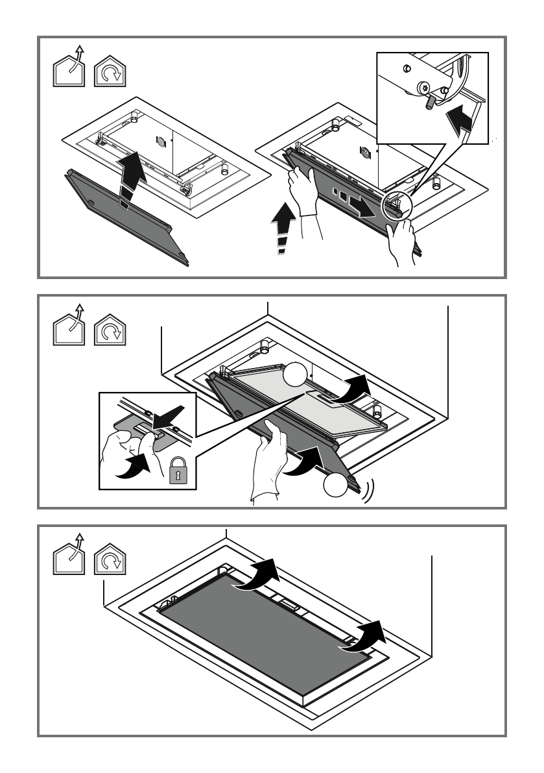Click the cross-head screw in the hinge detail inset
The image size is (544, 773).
425,86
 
